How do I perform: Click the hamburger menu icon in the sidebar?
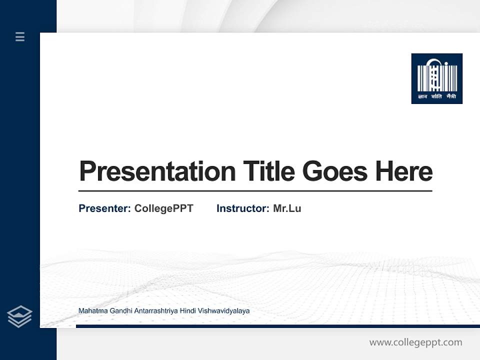coord(20,36)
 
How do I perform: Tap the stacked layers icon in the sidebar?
coord(19,316)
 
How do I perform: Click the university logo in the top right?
coord(436,78)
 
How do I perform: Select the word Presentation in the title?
coord(157,171)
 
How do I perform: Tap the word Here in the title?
coord(404,171)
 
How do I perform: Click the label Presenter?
coord(104,208)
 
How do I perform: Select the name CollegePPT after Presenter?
coord(163,208)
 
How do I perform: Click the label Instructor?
coord(242,208)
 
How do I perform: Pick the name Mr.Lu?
coord(287,208)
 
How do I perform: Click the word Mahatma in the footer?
coord(91,311)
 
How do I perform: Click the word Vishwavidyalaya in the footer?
coord(223,311)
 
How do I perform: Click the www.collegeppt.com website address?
coord(415,342)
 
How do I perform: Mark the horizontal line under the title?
coord(255,190)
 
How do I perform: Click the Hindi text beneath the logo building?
coord(436,96)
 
